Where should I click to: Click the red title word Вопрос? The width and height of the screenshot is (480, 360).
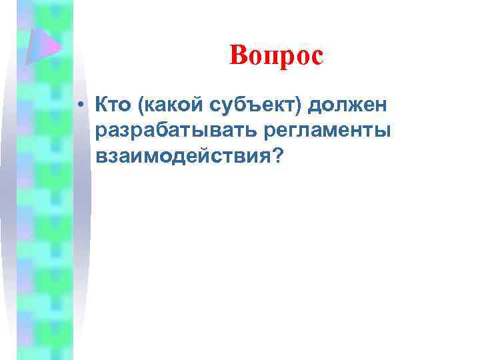[275, 55]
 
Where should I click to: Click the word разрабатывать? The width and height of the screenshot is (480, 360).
[174, 131]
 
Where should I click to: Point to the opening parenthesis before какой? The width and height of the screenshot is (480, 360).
[139, 105]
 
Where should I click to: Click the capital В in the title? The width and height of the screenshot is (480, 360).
[238, 55]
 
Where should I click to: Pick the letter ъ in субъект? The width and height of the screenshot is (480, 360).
[257, 105]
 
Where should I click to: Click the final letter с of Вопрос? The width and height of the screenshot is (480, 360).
[316, 57]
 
